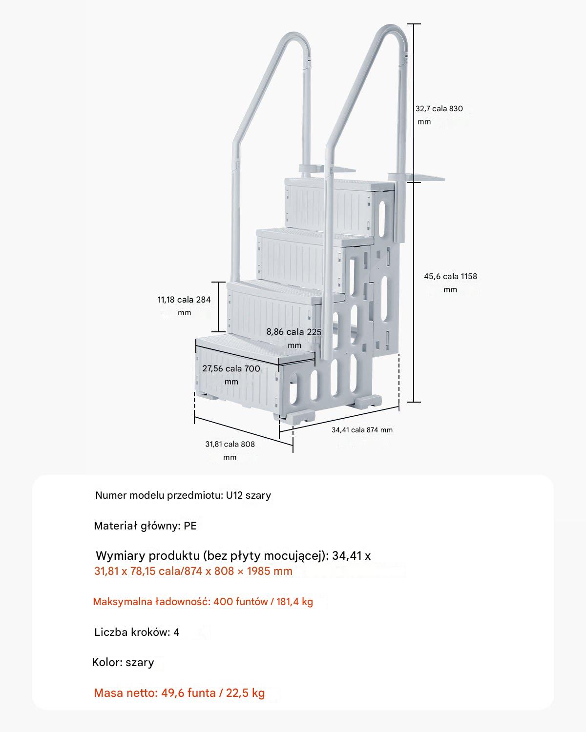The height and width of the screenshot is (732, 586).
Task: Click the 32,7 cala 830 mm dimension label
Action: click(x=439, y=115)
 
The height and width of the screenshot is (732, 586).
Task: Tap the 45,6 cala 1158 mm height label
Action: click(x=450, y=283)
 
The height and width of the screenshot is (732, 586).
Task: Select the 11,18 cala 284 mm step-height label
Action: click(x=184, y=306)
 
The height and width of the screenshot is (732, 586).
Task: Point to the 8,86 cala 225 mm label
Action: click(x=294, y=339)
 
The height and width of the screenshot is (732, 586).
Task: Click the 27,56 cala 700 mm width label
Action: click(x=231, y=375)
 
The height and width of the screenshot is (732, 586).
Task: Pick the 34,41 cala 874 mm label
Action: click(x=362, y=429)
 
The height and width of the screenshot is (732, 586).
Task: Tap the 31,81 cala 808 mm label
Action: click(x=230, y=450)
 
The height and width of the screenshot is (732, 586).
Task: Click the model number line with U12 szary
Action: click(x=183, y=495)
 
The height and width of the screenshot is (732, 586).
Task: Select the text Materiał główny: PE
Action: click(x=146, y=526)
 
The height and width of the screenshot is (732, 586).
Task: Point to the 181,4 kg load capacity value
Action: click(x=294, y=601)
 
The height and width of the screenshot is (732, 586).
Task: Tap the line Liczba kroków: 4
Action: click(x=137, y=632)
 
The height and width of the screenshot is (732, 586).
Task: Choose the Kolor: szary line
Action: click(x=123, y=662)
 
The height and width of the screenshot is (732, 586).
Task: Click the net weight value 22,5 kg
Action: click(x=245, y=693)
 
